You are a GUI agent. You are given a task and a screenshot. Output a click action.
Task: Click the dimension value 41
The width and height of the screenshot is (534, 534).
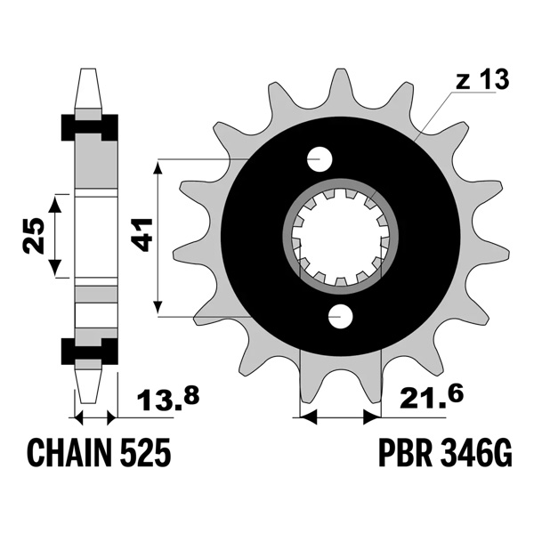coord(140,237)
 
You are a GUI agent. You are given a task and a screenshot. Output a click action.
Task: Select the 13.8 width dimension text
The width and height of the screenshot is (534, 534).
coord(166,406)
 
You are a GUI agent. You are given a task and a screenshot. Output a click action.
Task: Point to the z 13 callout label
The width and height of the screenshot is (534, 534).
coord(482,80)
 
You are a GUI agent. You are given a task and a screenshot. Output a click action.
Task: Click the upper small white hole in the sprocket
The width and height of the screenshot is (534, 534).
coord(320,159)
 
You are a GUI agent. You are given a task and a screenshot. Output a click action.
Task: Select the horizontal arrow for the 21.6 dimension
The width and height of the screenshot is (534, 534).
coord(342,415)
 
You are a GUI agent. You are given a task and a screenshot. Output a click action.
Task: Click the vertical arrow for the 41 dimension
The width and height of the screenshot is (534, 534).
coord(159,237)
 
